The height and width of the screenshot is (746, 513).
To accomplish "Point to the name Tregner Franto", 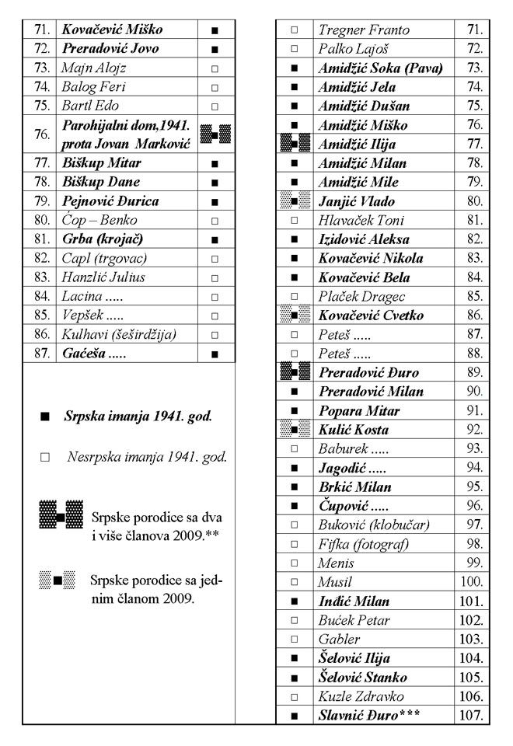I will click(x=355, y=30).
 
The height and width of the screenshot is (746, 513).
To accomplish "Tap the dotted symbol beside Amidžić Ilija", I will click(x=294, y=144).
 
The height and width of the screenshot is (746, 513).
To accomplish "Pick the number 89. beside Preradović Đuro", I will click(x=473, y=372).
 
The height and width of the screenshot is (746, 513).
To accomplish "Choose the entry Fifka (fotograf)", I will click(x=362, y=563).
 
